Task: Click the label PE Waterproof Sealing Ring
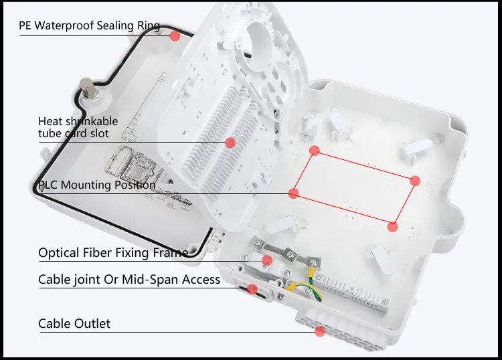click(x=90, y=26)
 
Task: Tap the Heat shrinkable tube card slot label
click(x=78, y=127)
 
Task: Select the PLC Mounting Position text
click(x=96, y=185)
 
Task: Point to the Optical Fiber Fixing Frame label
click(x=113, y=253)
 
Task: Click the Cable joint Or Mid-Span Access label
click(x=129, y=279)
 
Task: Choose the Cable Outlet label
click(x=74, y=324)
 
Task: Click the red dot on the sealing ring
click(x=175, y=36)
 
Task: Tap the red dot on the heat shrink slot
click(x=230, y=142)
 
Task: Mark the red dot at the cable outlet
click(x=320, y=331)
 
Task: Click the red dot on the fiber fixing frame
click(x=267, y=260)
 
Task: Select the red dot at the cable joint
click(x=252, y=289)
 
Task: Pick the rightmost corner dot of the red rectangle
click(x=414, y=180)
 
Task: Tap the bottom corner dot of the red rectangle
click(x=393, y=227)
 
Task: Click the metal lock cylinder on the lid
click(x=86, y=88)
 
